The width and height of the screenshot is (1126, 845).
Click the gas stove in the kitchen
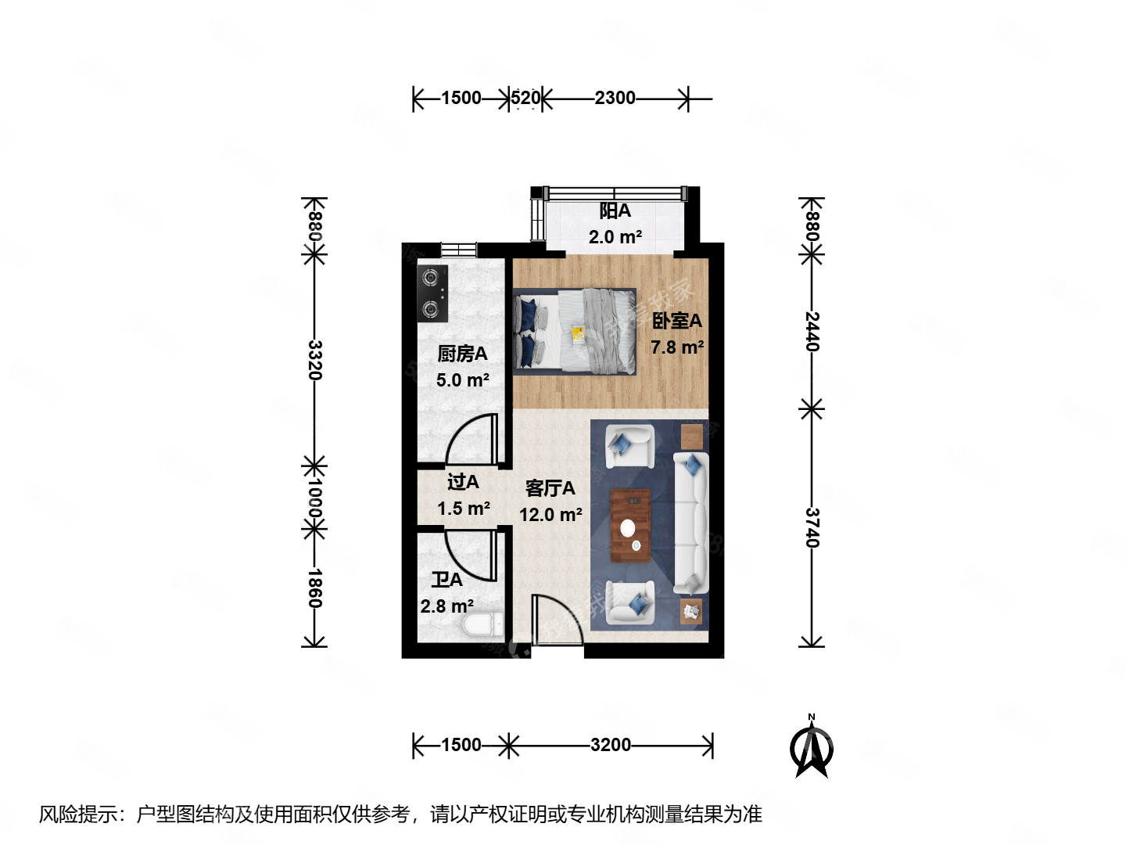432,293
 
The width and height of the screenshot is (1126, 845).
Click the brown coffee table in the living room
630,525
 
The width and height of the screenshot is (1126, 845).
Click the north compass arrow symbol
812,748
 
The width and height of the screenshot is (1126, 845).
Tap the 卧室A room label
677,321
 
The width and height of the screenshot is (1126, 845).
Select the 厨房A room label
462,354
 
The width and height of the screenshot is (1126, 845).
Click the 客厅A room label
550,488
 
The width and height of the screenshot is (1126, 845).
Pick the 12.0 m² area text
550,515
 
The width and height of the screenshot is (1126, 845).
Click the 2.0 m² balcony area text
615,237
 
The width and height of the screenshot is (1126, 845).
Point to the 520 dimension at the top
525,98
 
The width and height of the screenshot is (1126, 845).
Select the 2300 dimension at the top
615,98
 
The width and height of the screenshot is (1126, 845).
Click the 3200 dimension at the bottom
611,745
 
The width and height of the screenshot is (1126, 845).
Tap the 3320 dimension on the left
314,360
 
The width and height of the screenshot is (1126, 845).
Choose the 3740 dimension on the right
812,528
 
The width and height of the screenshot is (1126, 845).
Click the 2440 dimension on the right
812,331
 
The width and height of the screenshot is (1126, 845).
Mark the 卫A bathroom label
446,580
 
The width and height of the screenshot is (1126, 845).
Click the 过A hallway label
463,482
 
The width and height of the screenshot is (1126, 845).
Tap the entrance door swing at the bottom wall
556,622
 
